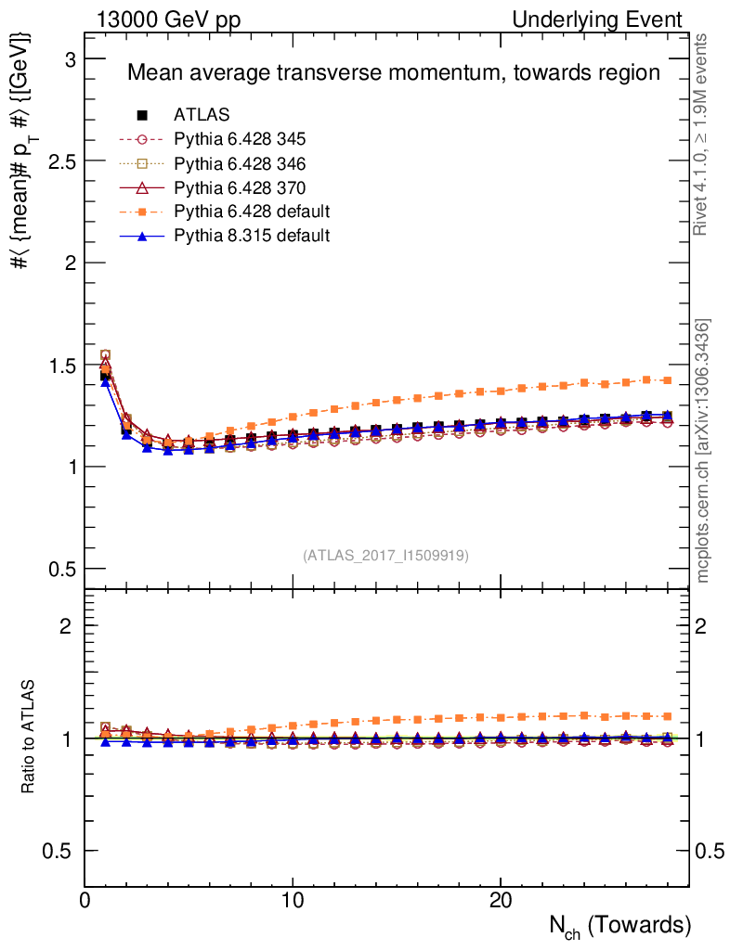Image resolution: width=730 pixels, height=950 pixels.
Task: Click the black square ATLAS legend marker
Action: [x=142, y=115]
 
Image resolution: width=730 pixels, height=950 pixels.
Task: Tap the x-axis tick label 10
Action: [x=293, y=900]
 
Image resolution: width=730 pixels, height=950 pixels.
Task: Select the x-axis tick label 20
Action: [x=501, y=900]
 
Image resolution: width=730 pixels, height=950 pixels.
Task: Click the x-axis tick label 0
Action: [x=85, y=900]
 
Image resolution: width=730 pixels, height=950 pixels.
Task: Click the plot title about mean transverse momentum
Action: [x=393, y=73]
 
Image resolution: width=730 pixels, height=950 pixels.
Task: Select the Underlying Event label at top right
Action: [x=609, y=19]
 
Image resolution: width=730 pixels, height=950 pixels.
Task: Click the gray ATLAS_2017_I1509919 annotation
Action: [x=385, y=556]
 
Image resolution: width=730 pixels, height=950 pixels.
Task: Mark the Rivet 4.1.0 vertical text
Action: [x=703, y=135]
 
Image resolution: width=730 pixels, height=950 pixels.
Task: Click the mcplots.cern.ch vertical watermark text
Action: [x=703, y=451]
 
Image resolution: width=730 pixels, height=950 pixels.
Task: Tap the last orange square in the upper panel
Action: [x=667, y=379]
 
